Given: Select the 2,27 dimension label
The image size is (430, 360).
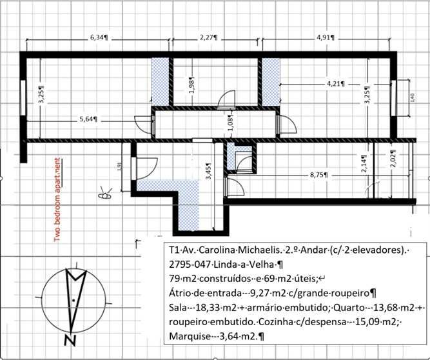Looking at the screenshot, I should pyautogui.click(x=208, y=38).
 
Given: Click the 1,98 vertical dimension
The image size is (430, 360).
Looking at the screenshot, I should pyautogui.click(x=191, y=87).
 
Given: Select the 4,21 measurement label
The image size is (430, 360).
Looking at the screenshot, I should pyautogui.click(x=337, y=83).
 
